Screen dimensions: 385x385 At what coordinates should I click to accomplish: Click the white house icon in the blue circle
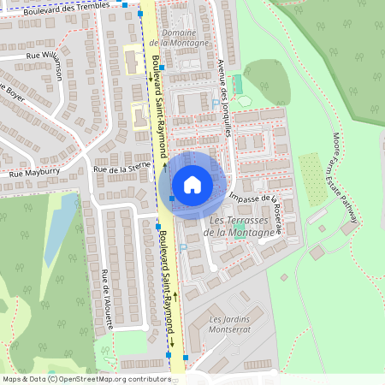tap(192, 184)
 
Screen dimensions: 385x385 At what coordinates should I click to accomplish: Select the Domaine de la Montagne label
tap(178, 38)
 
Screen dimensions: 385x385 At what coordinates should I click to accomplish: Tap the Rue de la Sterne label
tap(121, 169)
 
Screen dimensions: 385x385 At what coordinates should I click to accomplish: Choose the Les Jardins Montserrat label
tap(232, 324)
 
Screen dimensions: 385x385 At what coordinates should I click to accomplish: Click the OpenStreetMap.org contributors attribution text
tap(111, 379)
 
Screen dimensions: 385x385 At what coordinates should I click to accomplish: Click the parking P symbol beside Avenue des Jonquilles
tap(215, 104)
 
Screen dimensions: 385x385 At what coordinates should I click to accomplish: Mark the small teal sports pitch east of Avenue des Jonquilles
tap(238, 86)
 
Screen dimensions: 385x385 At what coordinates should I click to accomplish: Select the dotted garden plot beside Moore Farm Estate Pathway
tap(314, 180)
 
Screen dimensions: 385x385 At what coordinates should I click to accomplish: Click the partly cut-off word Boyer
tap(12, 92)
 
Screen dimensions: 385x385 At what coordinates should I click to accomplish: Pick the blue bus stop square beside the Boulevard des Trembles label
tap(126, 4)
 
